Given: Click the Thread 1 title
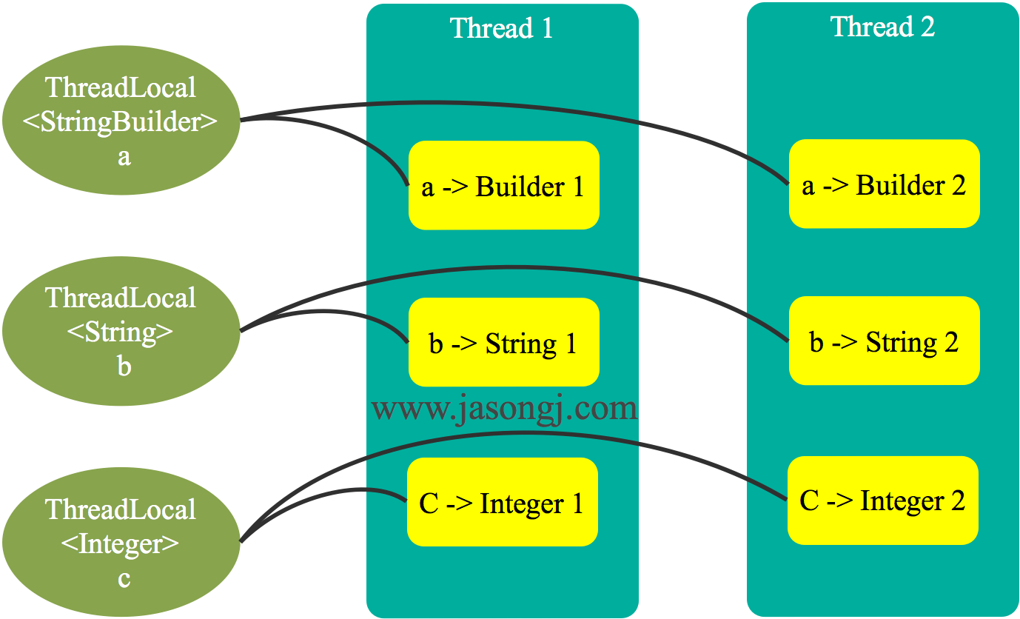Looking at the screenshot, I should (501, 28).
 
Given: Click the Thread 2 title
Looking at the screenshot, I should (882, 27).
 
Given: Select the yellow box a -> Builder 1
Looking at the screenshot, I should (503, 186).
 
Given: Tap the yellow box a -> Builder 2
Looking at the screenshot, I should (884, 184).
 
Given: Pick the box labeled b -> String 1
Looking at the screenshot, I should (503, 343).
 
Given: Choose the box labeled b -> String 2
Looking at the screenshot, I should (884, 341).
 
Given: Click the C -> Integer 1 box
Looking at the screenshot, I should (502, 503).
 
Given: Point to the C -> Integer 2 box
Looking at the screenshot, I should (882, 501).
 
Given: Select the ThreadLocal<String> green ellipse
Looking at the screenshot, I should (121, 330).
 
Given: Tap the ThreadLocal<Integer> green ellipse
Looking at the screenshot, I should (121, 542).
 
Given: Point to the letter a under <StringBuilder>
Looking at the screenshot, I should (124, 157).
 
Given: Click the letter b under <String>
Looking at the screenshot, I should (124, 366).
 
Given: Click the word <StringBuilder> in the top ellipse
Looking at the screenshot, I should (121, 122).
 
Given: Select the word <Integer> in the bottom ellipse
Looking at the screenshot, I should (121, 544).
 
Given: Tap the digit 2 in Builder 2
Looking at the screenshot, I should (958, 184).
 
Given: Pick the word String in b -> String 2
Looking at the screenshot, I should (902, 341).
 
